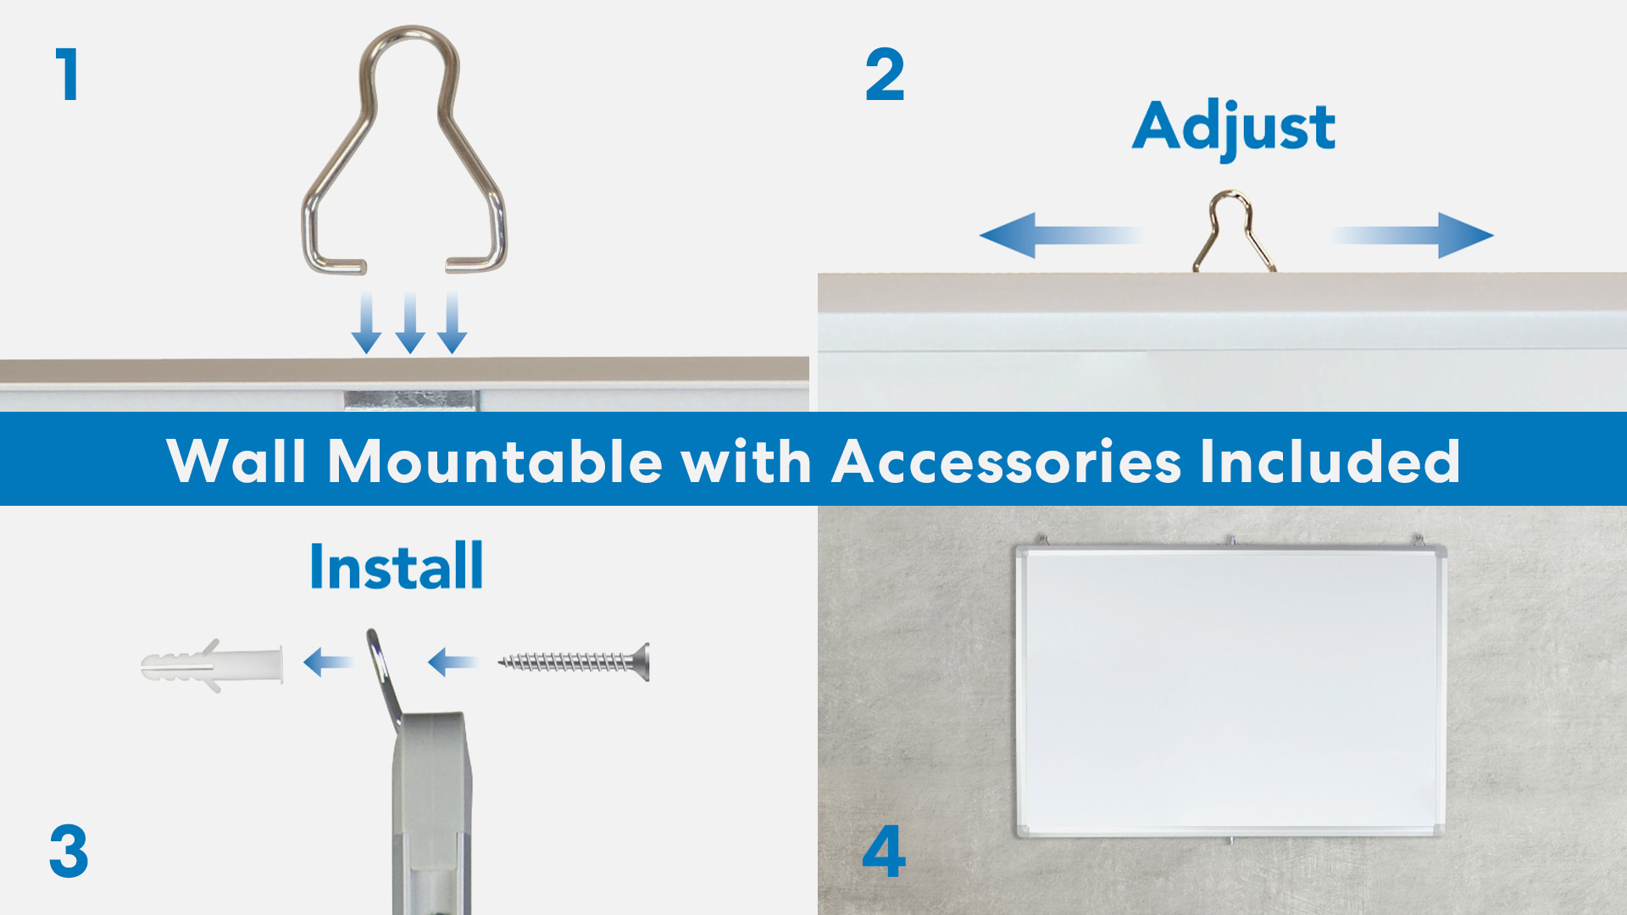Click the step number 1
coord(68,75)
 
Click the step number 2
coord(885,75)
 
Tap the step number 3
coord(69,851)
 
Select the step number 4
coord(884,851)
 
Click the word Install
coord(397,566)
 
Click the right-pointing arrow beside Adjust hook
coord(1411,235)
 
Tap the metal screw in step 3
coord(574,662)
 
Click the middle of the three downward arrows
coord(410,323)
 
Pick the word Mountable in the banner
coord(495,462)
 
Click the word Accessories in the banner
coord(1007,462)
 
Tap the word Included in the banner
coord(1330,462)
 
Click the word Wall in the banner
coord(236,462)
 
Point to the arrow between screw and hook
coord(453,662)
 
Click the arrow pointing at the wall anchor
coord(328,662)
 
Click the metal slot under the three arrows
coord(412,400)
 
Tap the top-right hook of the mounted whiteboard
coord(1418,541)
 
